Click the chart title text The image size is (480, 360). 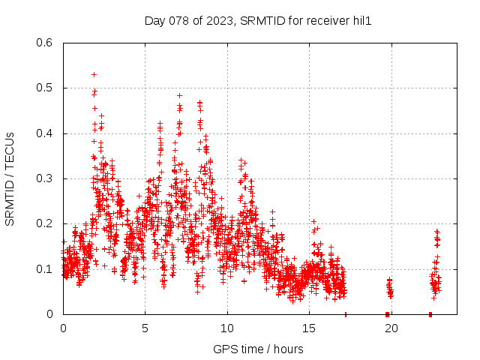[258, 22]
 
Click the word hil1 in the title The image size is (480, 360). [361, 22]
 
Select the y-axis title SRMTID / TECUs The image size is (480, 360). [10, 178]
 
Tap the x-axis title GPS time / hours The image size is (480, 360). [258, 349]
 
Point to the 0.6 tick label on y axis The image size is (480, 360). [43, 43]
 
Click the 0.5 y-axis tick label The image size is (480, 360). [43, 88]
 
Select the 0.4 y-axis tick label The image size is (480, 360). [43, 133]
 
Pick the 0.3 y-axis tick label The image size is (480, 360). [43, 178]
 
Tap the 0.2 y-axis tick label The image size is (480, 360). [43, 224]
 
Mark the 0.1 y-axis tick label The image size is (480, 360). [43, 269]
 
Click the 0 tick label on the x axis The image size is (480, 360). [63, 328]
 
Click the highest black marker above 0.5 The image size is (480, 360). [94, 74]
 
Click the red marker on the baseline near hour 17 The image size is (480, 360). [346, 314]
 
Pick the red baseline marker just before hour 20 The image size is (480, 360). [387, 314]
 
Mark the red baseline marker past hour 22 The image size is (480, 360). [430, 314]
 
